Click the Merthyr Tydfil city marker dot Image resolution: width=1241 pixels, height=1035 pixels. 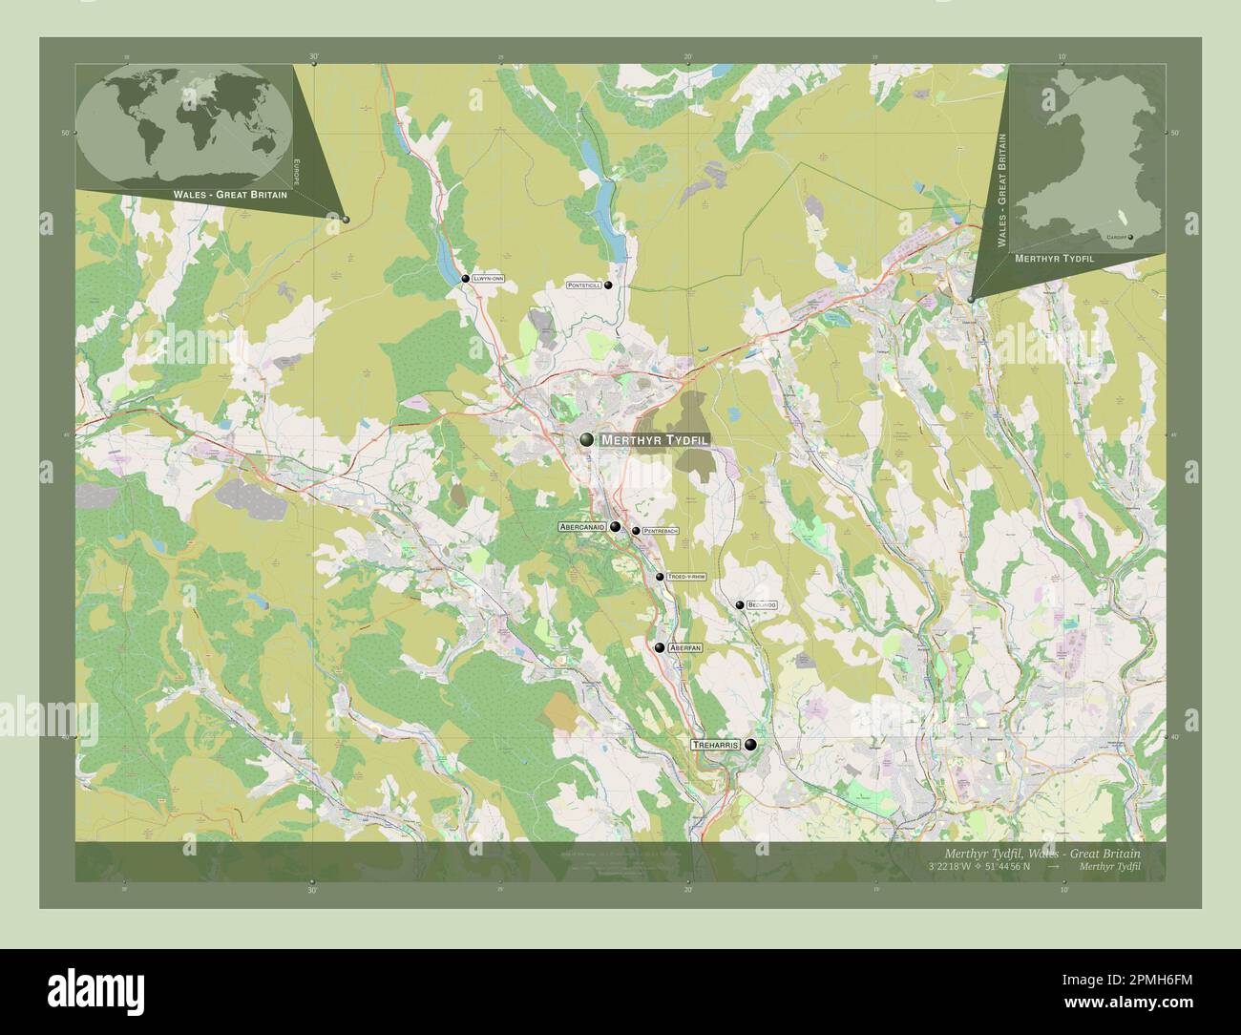click(585, 439)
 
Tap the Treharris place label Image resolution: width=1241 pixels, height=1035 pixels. click(716, 745)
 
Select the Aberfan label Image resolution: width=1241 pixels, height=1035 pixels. click(685, 647)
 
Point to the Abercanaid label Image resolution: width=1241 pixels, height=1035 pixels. click(583, 526)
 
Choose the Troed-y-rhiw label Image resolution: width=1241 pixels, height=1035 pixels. click(687, 577)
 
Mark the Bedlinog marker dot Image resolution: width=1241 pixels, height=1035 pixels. click(739, 604)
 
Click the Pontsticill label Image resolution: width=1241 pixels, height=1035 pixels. click(583, 285)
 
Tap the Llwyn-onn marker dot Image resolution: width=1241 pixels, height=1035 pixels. click(466, 279)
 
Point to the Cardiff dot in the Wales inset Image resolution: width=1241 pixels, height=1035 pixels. click(1130, 237)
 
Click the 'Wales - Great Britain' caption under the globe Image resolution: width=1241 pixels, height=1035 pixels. click(230, 194)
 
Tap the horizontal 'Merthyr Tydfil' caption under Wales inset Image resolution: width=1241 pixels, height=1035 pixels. click(1054, 259)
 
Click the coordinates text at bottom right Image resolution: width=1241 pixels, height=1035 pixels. click(978, 866)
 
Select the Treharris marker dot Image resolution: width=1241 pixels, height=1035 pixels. click(751, 745)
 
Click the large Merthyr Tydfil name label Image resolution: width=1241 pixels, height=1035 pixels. click(655, 440)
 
